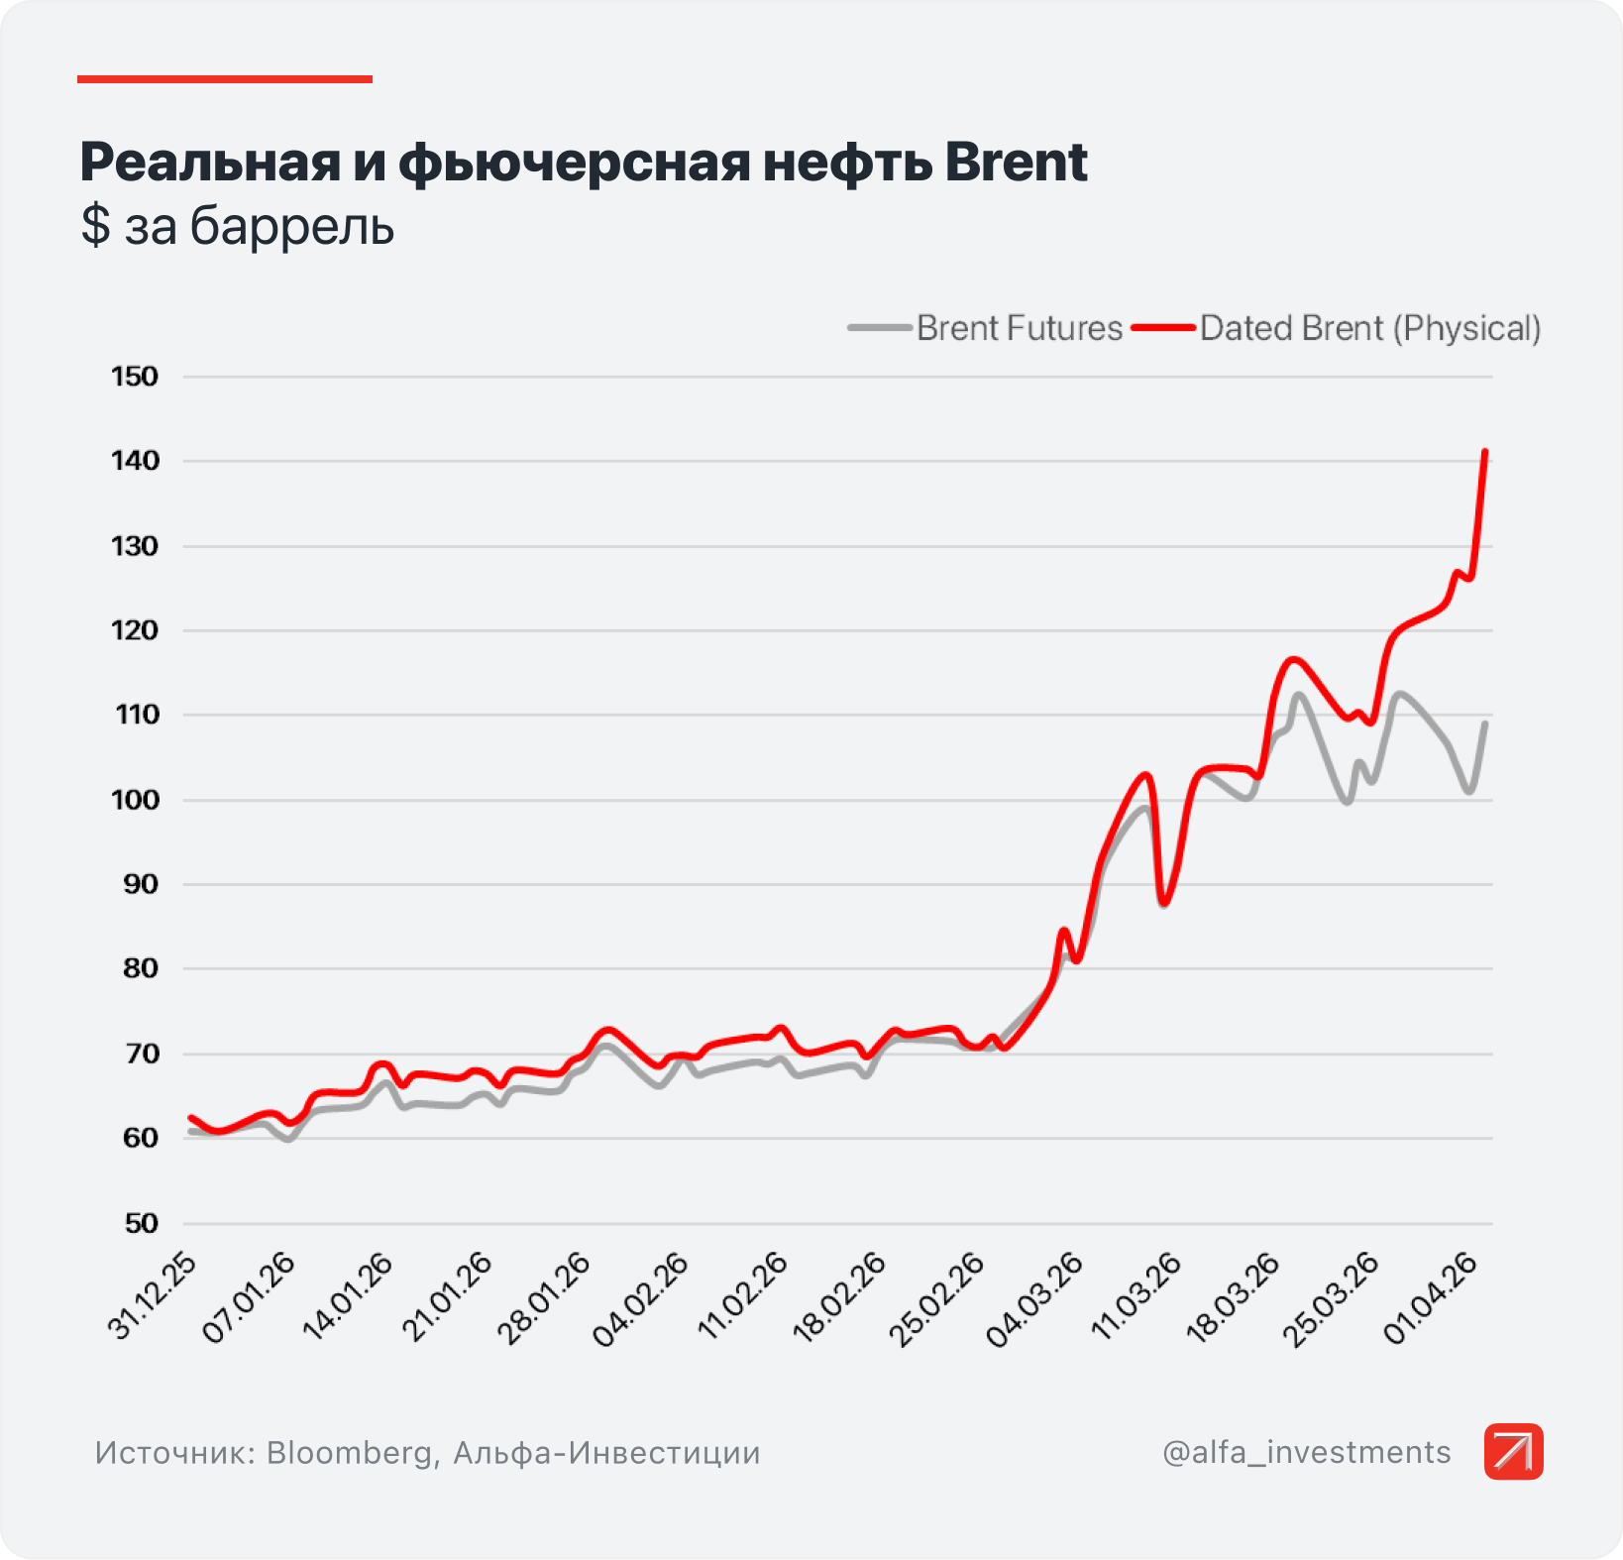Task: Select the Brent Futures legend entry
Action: pos(986,328)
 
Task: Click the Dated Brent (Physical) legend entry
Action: pos(1337,328)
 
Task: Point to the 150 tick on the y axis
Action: pos(135,377)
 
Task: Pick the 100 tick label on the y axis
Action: pos(135,800)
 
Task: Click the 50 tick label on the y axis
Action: pos(142,1223)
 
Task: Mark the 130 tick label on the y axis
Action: pos(135,546)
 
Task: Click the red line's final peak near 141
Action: pos(1485,452)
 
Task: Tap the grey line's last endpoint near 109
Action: pos(1486,723)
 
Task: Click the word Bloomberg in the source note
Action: pos(350,1453)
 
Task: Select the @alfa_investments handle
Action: pos(1307,1452)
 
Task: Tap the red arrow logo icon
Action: pos(1514,1452)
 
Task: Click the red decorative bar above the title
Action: pos(225,78)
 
